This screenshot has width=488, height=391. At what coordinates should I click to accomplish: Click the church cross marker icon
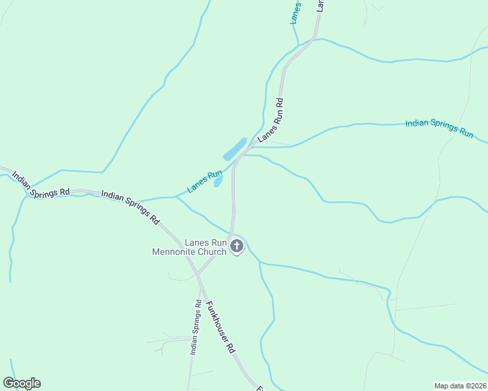(237, 246)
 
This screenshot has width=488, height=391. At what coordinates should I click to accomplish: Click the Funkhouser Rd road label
(221, 327)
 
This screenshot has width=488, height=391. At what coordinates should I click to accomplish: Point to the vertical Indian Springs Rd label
(194, 327)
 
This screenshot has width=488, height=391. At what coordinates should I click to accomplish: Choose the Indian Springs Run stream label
(439, 128)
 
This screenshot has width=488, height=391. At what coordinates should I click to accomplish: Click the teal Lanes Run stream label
(205, 182)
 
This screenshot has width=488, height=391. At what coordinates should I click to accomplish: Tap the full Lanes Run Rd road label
(272, 120)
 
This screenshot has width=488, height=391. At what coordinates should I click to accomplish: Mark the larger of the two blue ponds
(235, 149)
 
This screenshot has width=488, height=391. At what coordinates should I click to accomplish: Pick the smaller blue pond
(219, 181)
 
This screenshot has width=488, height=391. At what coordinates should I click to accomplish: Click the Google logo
(22, 383)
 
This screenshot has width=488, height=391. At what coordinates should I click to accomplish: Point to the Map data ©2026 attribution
(460, 386)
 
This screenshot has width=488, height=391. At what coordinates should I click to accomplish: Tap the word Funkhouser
(217, 320)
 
